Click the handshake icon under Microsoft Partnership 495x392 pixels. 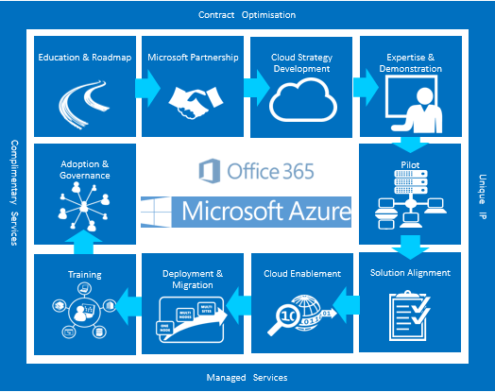click(196, 103)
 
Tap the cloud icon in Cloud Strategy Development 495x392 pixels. click(303, 100)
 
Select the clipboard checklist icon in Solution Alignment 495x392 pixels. click(409, 315)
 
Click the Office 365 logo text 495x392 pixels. click(256, 171)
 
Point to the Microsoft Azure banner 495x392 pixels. click(246, 212)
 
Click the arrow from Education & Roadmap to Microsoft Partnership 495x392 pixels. click(147, 89)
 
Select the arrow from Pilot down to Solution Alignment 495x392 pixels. click(410, 247)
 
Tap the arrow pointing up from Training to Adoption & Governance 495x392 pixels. click(84, 242)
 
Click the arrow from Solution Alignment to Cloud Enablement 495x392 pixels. click(346, 305)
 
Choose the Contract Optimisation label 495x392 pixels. click(247, 15)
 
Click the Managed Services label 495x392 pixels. click(247, 378)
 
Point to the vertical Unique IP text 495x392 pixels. click(483, 196)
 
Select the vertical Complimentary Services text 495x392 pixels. click(14, 193)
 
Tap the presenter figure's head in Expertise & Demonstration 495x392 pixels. click(424, 95)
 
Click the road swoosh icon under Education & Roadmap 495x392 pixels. click(84, 104)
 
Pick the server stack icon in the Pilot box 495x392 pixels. click(411, 181)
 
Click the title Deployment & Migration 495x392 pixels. click(193, 280)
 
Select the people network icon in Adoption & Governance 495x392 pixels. click(84, 207)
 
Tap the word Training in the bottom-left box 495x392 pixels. click(85, 275)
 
